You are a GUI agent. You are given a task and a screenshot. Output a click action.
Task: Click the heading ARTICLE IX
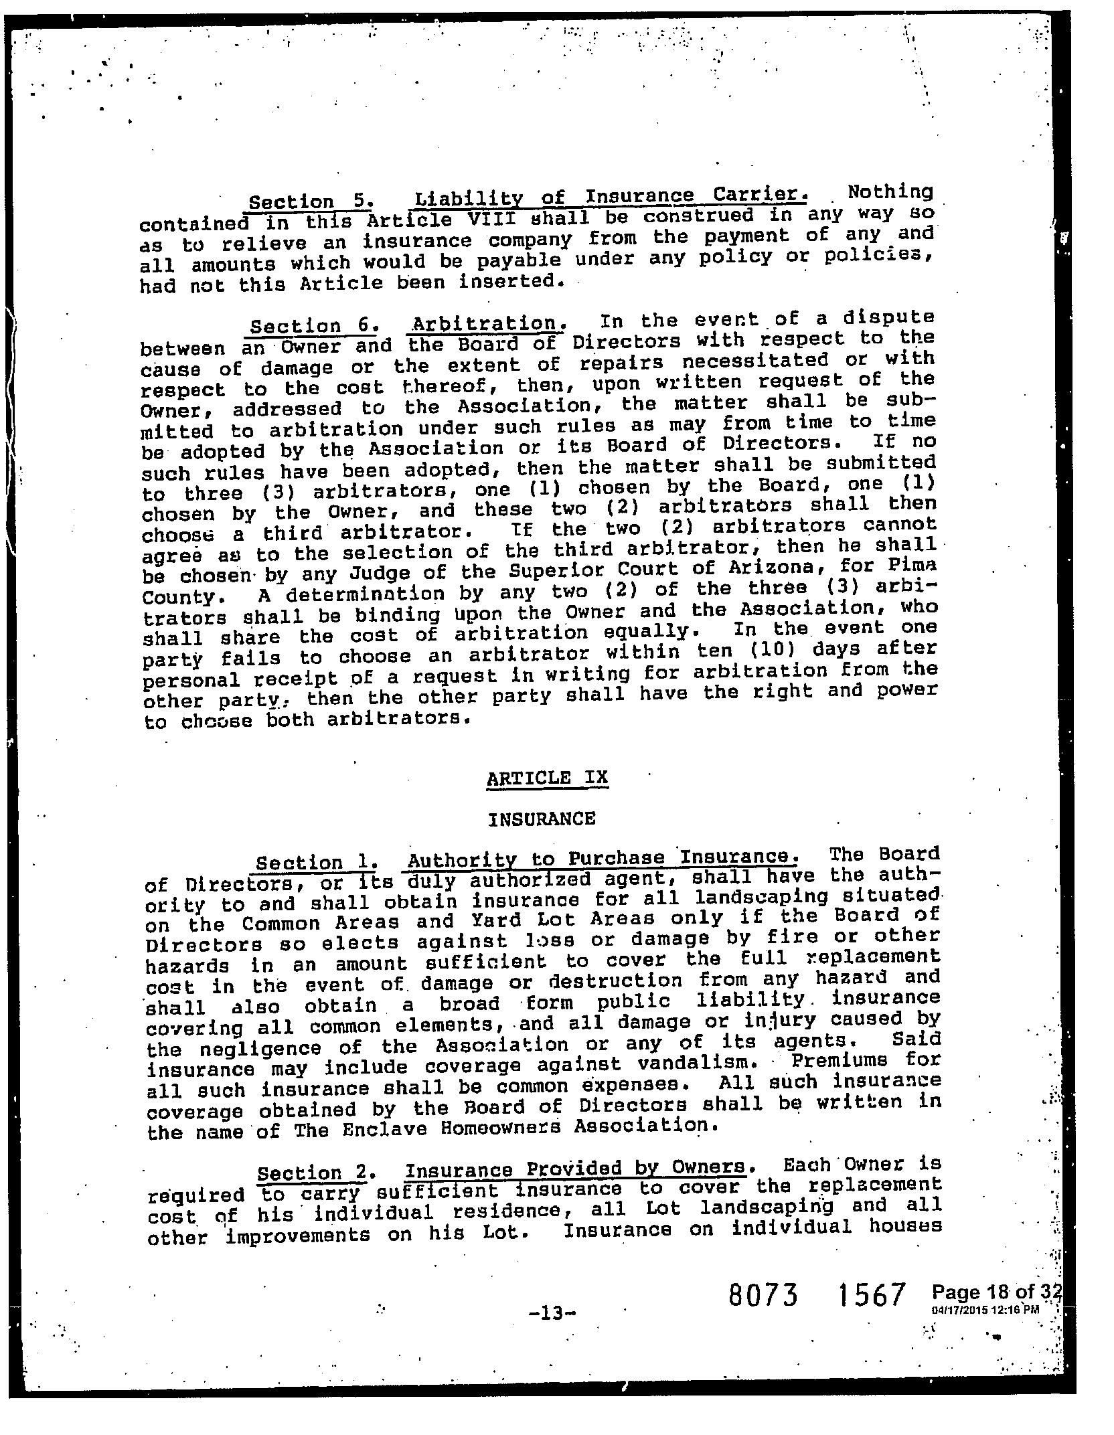click(x=548, y=778)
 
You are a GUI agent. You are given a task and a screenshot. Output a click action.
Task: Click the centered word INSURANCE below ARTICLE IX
click(x=542, y=819)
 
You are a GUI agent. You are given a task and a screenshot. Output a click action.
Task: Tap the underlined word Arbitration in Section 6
click(x=486, y=324)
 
